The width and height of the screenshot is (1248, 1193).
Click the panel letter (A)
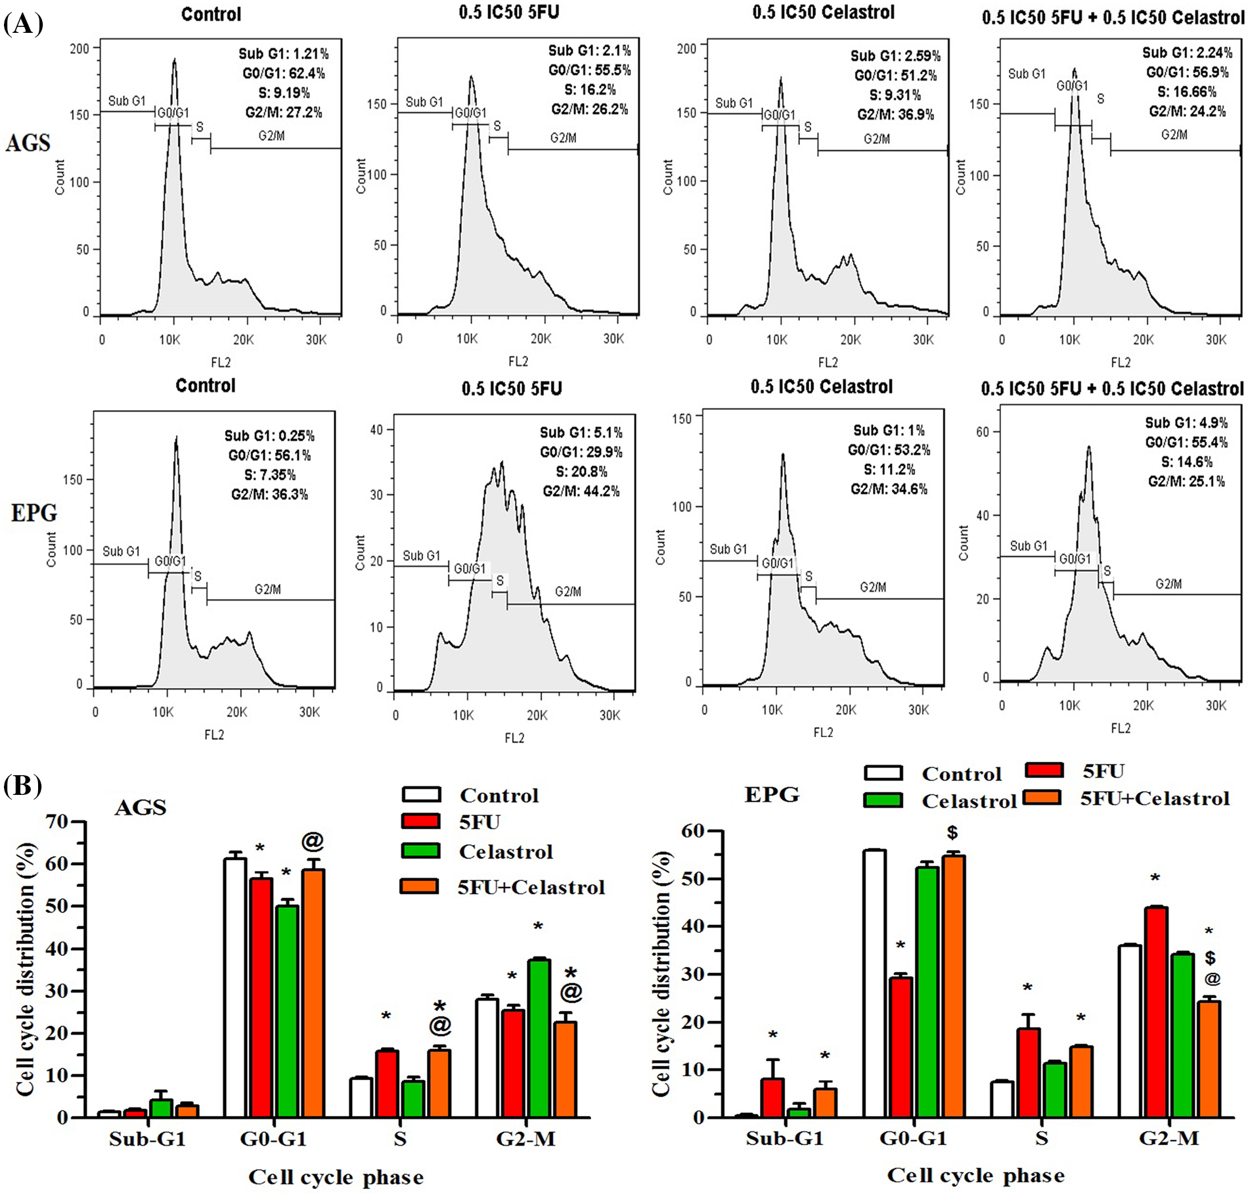click(x=23, y=24)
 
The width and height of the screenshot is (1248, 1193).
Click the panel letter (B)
click(x=23, y=786)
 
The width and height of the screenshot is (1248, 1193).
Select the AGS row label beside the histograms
click(x=28, y=143)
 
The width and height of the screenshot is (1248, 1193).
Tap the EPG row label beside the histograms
click(x=34, y=512)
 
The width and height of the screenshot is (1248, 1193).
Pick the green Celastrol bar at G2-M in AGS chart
click(x=539, y=1038)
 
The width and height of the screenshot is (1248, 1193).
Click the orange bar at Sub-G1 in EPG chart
click(x=826, y=1103)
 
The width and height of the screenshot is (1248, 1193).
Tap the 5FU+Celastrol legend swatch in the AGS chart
click(x=420, y=886)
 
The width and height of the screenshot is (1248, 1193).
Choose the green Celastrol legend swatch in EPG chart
click(x=883, y=800)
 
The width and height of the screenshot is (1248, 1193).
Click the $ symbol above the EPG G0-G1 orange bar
click(x=952, y=833)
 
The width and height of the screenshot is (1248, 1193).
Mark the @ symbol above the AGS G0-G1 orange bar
click(x=313, y=841)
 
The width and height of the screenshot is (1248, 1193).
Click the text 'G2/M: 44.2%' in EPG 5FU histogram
click(x=581, y=491)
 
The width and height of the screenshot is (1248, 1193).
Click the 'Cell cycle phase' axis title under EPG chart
click(x=976, y=1175)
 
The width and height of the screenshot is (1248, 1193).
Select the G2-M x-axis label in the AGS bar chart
click(x=526, y=1138)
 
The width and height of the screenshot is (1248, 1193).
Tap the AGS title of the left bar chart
click(x=141, y=807)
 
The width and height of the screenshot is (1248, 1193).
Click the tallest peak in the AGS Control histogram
click(x=175, y=62)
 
